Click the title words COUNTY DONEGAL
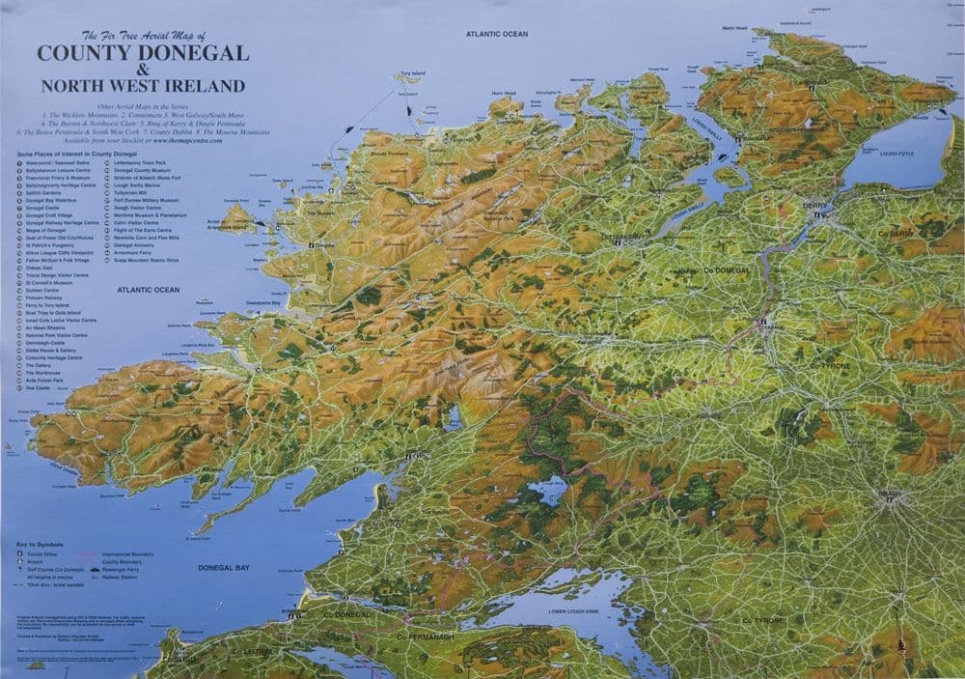pos(143,53)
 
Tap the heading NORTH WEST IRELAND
pos(143,85)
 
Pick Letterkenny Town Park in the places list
pos(141,164)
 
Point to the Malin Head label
pos(734,28)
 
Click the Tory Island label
pos(412,73)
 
